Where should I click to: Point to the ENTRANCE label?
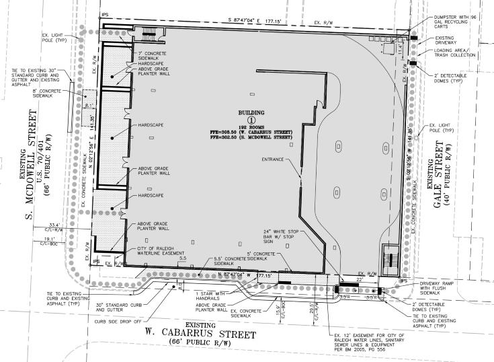click(x=272, y=159)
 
